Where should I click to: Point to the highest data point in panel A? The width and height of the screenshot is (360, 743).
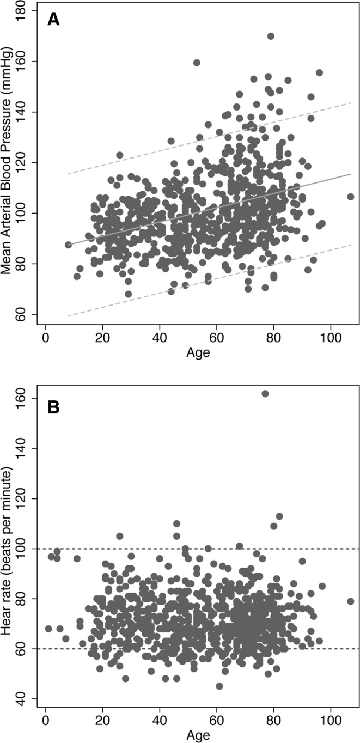[271, 36]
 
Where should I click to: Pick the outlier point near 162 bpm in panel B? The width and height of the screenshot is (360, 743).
[265, 394]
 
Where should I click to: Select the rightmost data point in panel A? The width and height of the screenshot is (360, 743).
[351, 197]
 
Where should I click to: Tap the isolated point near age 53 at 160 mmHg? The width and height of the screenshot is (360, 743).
[197, 63]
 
